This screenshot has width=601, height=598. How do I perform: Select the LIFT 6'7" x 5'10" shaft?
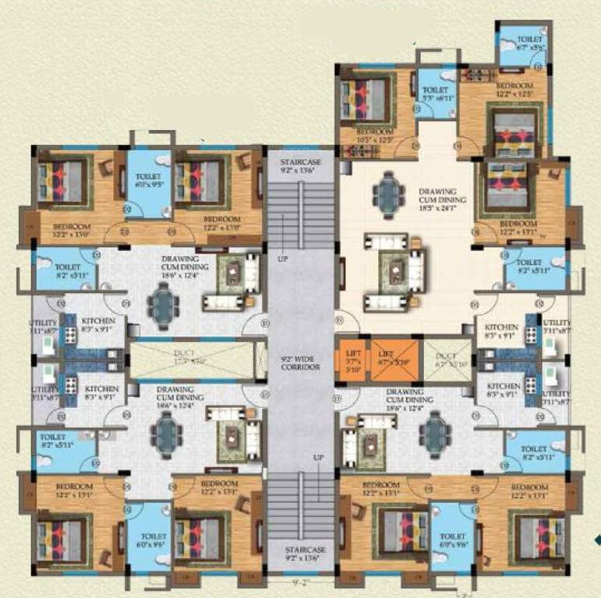point(394,360)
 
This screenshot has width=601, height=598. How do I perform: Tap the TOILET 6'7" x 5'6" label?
point(522,43)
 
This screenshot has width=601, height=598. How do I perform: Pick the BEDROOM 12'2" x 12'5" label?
point(514,90)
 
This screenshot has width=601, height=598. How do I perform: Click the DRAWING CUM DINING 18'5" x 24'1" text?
point(447,197)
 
